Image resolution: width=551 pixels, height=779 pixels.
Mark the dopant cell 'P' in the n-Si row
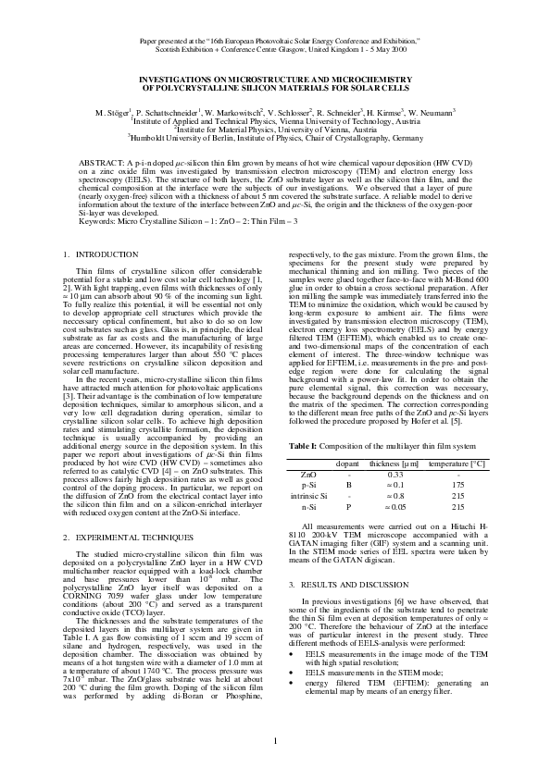[348, 508]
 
